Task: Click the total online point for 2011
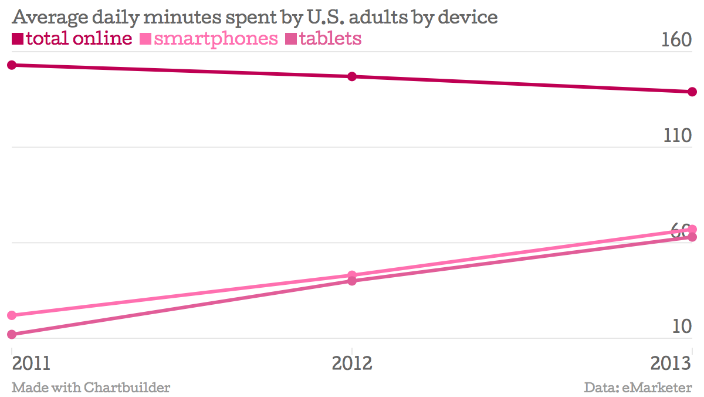[x=12, y=65]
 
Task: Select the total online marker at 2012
[x=352, y=76]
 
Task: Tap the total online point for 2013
[x=692, y=92]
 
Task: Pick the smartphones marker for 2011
[x=12, y=315]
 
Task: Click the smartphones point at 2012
[x=352, y=275]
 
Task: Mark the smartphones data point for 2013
[x=692, y=229]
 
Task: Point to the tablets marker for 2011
[x=12, y=335]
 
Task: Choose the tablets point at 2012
[x=352, y=281]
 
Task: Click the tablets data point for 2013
[x=692, y=237]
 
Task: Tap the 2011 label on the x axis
[x=31, y=363]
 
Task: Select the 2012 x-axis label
[x=352, y=363]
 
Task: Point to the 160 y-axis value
[x=676, y=41]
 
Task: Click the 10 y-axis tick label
[x=682, y=327]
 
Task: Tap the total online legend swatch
[x=17, y=39]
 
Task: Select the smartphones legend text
[x=216, y=39]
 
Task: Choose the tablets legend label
[x=330, y=39]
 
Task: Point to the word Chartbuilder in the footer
[x=127, y=388]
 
